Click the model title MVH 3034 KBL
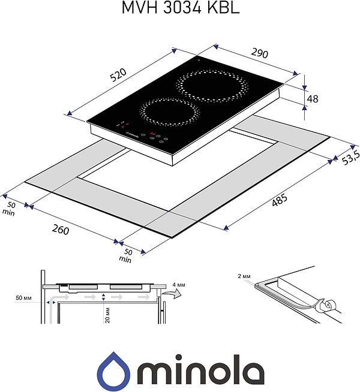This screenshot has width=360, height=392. (180, 8)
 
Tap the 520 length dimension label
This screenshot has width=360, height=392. (118, 74)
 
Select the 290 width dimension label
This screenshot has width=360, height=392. (260, 52)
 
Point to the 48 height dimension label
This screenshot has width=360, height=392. (313, 98)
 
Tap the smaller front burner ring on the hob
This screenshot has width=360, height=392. (170, 111)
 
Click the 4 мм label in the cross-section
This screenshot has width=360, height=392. (179, 284)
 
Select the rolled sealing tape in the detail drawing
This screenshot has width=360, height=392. (325, 305)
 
